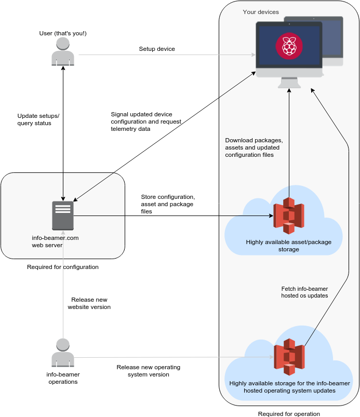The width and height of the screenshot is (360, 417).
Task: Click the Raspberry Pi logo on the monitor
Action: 289,45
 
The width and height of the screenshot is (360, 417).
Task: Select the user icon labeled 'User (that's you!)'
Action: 63,51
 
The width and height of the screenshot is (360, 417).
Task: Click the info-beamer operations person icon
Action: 63,353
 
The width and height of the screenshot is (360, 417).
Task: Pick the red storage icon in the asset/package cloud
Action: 289,215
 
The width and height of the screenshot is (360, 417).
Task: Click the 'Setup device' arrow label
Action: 157,49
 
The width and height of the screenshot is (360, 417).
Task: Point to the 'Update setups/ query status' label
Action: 38,119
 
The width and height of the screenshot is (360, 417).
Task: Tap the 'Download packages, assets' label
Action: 254,147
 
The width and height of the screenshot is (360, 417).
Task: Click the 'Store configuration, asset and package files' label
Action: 168,204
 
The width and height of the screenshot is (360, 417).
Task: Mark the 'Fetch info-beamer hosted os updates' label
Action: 304,292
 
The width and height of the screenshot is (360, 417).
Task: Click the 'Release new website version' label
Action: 89,303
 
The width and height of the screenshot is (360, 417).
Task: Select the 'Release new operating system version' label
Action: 148,371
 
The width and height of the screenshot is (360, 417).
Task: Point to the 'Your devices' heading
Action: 261,12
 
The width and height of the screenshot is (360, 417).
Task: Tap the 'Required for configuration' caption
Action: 63,267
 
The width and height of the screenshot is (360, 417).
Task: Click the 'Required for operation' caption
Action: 289,414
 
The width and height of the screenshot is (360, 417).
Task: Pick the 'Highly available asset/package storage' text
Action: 289,246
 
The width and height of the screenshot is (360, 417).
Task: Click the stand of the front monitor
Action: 289,83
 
